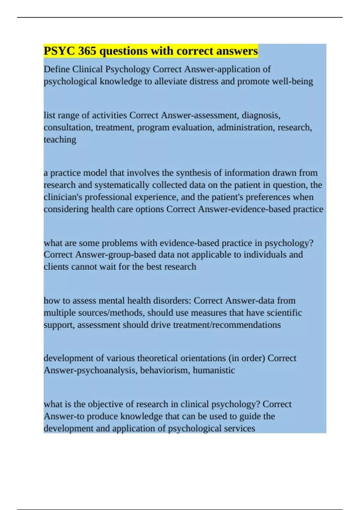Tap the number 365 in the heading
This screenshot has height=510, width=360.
click(87, 51)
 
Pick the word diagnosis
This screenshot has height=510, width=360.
click(261, 115)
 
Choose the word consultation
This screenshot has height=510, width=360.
click(68, 127)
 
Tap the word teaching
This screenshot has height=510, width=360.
click(60, 140)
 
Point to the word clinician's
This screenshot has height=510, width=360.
click(63, 197)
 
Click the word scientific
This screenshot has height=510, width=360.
click(284, 313)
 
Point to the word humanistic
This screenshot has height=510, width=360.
click(214, 370)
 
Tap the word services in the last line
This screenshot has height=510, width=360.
click(239, 428)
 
